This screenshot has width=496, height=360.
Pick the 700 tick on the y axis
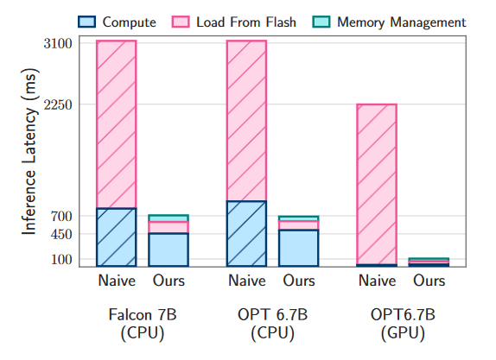63,216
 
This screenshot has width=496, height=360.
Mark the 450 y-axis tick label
63,234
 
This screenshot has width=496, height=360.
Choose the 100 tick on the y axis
63,260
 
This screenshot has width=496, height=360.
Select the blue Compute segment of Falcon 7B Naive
116,237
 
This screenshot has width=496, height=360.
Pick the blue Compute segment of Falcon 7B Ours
169,249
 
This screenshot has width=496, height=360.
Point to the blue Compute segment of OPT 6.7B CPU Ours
299,248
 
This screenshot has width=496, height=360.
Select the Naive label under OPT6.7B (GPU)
377,281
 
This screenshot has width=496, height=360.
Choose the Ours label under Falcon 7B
169,281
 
